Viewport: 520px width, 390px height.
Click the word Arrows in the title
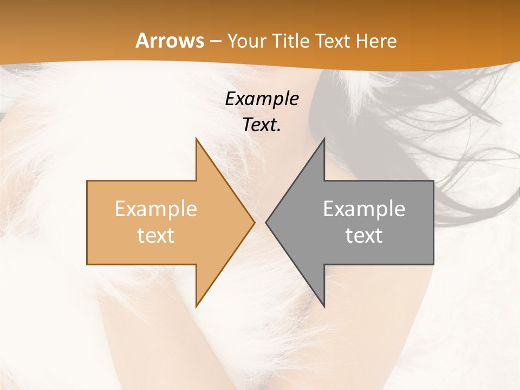170,41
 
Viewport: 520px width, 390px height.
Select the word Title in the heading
291,41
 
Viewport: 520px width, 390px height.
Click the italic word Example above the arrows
262,99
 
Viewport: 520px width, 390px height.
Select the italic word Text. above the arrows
262,125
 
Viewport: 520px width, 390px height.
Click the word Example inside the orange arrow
156,209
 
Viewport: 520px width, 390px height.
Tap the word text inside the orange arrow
156,235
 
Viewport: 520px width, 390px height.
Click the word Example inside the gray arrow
364,209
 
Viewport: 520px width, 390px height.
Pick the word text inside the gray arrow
364,235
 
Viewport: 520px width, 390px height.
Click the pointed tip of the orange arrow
255,222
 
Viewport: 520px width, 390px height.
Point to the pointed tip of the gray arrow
266,222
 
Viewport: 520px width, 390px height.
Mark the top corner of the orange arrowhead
196,138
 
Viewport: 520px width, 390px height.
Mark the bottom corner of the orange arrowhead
196,307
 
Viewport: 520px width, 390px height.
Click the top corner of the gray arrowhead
324,138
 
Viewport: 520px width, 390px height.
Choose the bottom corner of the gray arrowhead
324,307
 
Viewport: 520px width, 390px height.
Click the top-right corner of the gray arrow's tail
433,181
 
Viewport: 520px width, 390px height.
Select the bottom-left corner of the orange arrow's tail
87,264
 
